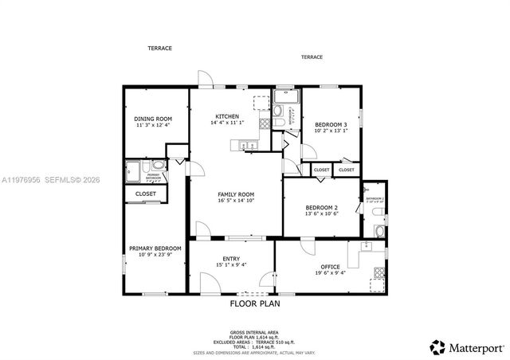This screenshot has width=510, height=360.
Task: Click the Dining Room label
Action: point(154,119)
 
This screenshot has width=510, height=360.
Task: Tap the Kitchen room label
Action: point(227,116)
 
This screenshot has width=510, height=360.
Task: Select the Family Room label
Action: point(236,194)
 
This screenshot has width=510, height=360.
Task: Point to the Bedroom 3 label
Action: point(330,125)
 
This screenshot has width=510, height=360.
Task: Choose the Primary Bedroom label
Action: point(155,248)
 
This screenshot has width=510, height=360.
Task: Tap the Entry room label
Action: point(231,259)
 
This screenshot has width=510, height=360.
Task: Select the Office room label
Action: point(330,267)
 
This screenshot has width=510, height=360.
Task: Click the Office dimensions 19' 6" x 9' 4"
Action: point(330,273)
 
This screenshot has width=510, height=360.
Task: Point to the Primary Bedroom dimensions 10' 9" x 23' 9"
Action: point(155,255)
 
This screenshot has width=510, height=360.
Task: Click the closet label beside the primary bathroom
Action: point(146,194)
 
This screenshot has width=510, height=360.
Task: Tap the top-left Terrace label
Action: point(159,49)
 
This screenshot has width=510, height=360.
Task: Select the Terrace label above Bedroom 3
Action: point(312,57)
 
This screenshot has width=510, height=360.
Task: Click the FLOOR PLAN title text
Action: point(254,303)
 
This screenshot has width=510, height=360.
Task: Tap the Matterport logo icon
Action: point(437,346)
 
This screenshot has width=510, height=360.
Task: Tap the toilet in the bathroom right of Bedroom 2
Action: point(378,231)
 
